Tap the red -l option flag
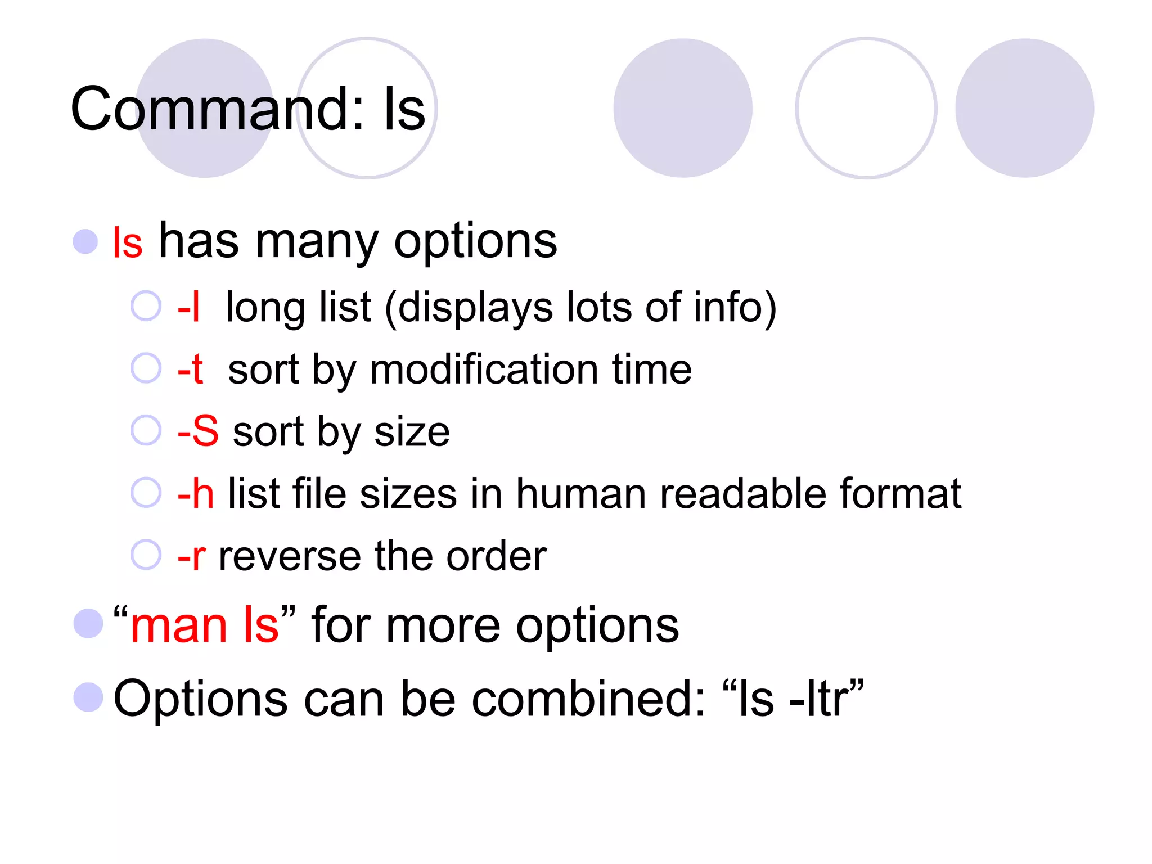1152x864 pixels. pyautogui.click(x=188, y=307)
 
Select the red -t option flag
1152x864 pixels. pyautogui.click(x=190, y=370)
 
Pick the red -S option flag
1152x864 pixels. pyautogui.click(x=198, y=431)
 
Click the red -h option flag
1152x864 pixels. pyautogui.click(x=196, y=494)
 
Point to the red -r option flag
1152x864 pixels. pyautogui.click(x=192, y=556)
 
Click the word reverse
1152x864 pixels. pyautogui.click(x=290, y=556)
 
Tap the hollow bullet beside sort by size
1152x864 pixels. pyautogui.click(x=146, y=430)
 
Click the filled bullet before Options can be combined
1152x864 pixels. pyautogui.click(x=88, y=697)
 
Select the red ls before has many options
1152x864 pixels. pyautogui.click(x=128, y=243)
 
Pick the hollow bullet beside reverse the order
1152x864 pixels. pyautogui.click(x=146, y=555)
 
